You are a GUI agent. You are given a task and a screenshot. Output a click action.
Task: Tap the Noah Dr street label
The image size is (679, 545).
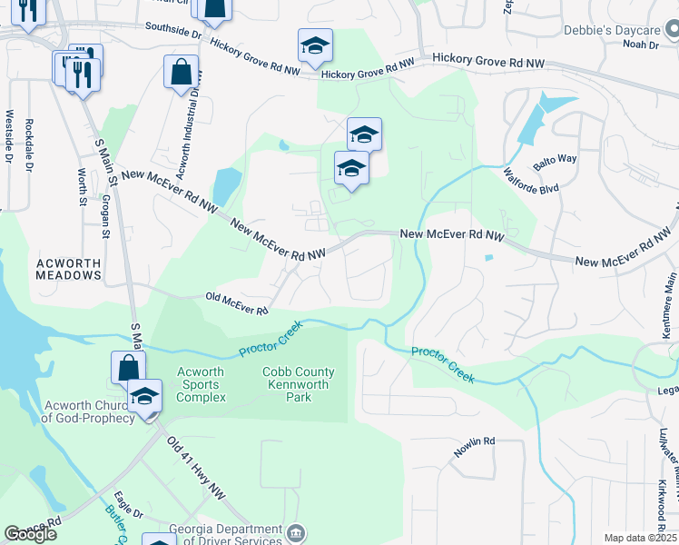point(640,44)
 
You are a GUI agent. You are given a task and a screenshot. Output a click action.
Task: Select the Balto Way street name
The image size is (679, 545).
point(555,160)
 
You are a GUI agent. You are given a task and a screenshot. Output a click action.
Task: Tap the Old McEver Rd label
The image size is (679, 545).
point(236,304)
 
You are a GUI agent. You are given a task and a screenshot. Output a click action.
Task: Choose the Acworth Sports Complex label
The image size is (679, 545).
point(202,385)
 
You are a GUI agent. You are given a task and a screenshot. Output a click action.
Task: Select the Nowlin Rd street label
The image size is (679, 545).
point(476,441)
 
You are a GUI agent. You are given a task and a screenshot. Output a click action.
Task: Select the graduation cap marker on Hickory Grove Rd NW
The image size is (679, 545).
point(315,45)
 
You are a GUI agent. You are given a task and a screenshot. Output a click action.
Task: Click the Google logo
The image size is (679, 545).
point(31,534)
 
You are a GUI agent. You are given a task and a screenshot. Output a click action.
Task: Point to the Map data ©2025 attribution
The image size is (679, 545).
point(640,538)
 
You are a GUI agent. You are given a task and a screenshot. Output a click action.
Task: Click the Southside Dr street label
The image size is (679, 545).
point(172,31)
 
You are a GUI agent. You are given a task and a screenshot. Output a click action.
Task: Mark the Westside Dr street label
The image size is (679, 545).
point(10,137)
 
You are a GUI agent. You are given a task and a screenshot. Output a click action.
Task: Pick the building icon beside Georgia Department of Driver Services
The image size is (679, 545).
point(300,535)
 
